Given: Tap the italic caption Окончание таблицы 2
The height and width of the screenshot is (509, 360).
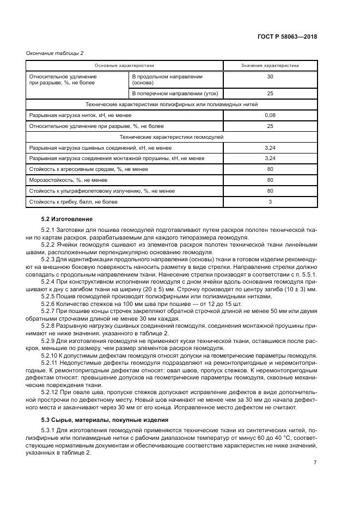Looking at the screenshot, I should tap(54, 53).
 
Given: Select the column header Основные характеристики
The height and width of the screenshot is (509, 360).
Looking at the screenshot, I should tap(125, 65).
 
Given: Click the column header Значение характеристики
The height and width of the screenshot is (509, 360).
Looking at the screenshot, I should tap(270, 65).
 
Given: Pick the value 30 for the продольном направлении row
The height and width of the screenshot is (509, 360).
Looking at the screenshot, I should tap(270, 77).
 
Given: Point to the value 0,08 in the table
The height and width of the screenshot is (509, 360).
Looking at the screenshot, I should tap(270, 115).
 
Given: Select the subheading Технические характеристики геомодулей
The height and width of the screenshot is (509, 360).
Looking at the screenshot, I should tap(172, 137).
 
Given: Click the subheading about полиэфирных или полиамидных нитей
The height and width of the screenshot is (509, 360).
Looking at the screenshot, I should tap(172, 104).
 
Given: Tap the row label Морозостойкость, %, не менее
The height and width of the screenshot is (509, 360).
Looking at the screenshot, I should tap(60, 180).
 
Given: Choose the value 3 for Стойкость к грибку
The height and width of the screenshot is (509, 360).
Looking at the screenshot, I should tap(270, 202).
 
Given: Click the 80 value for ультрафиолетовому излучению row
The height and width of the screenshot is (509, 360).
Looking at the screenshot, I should tap(270, 191).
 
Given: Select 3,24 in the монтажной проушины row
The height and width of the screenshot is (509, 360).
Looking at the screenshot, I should tap(270, 158).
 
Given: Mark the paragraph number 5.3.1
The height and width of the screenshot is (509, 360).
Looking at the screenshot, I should tap(49, 430).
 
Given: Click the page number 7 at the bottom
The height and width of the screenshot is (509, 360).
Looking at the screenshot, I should tap(315, 462).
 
